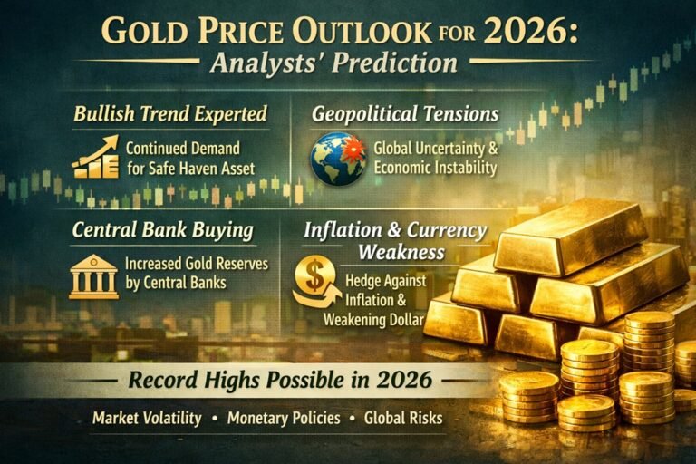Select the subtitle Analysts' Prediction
pyautogui.click(x=347, y=63)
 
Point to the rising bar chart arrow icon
pyautogui.click(x=95, y=156)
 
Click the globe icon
pyautogui.click(x=337, y=159)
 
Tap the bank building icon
pyautogui.click(x=93, y=275)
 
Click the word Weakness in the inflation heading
pyautogui.click(x=401, y=250)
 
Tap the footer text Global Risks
pyautogui.click(x=402, y=420)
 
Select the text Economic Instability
pyautogui.click(x=434, y=168)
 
